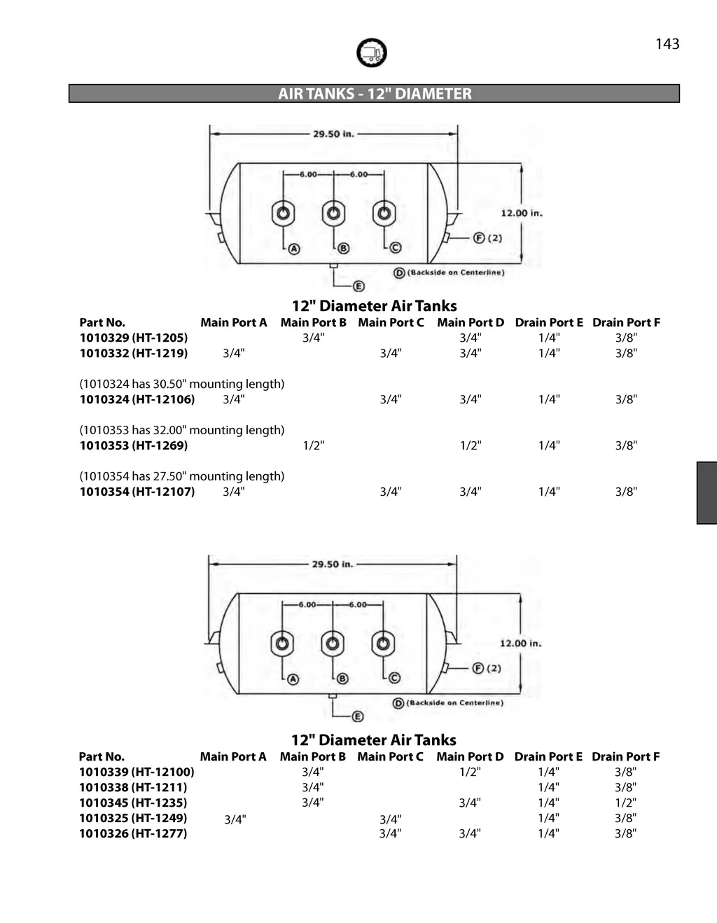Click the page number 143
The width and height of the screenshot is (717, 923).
667,44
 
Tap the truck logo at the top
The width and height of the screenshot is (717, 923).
371,53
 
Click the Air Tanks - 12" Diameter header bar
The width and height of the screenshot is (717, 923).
374,93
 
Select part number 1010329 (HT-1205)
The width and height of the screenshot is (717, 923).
134,338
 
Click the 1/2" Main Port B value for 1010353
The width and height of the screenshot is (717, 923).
314,445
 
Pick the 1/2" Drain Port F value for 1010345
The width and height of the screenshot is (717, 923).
625,803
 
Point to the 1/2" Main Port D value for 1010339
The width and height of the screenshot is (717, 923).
470,772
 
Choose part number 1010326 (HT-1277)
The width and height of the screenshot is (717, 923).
133,833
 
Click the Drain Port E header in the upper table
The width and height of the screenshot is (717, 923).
549,322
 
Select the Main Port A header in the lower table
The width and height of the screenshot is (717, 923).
233,756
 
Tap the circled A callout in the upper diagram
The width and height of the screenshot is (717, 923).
295,249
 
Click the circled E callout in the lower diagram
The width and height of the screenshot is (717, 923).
357,716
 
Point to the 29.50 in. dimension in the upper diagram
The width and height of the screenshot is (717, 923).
333,134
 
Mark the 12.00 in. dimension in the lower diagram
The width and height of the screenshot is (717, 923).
520,644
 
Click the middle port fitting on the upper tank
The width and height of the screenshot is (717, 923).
333,213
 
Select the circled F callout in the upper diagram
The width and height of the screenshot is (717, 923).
479,238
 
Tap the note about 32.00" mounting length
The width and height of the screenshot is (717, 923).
182,430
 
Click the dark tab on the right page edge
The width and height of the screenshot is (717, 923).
706,492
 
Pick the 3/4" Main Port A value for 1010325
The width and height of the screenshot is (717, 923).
235,819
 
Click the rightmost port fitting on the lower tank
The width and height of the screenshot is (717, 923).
383,643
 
